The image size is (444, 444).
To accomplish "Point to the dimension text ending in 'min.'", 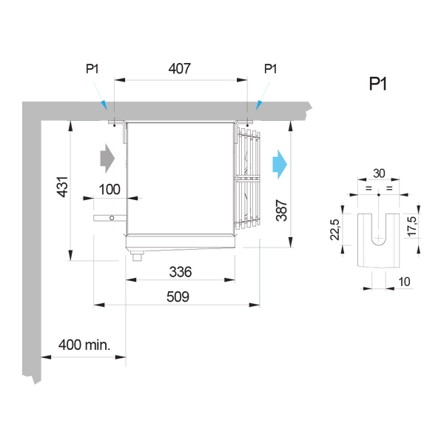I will [x=84, y=345].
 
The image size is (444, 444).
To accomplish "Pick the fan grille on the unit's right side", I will [x=249, y=178].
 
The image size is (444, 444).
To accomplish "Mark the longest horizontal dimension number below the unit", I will [x=176, y=295].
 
